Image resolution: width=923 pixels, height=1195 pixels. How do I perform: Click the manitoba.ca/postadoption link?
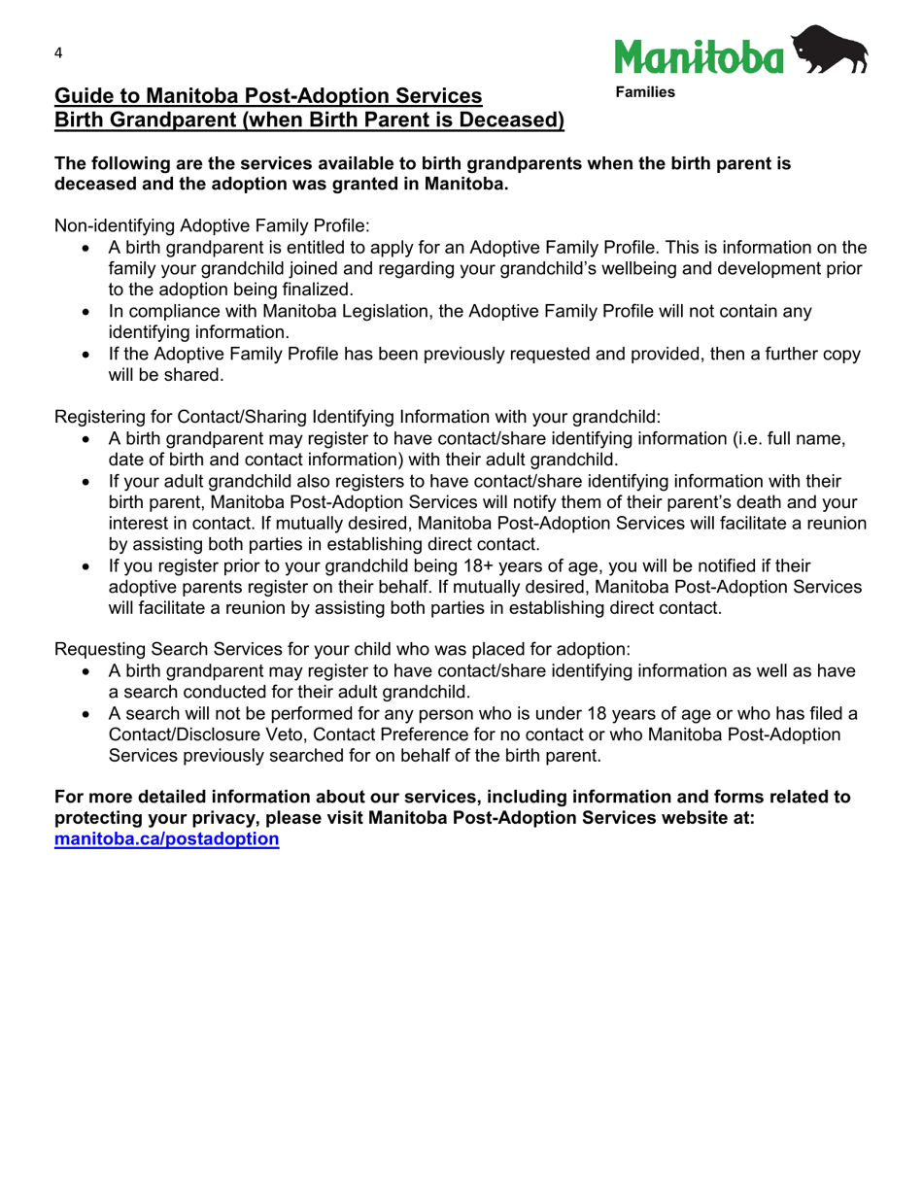[x=166, y=838]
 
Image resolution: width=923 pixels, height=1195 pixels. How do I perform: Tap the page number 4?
[x=58, y=53]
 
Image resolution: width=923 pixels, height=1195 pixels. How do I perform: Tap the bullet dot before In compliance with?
[x=88, y=312]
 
